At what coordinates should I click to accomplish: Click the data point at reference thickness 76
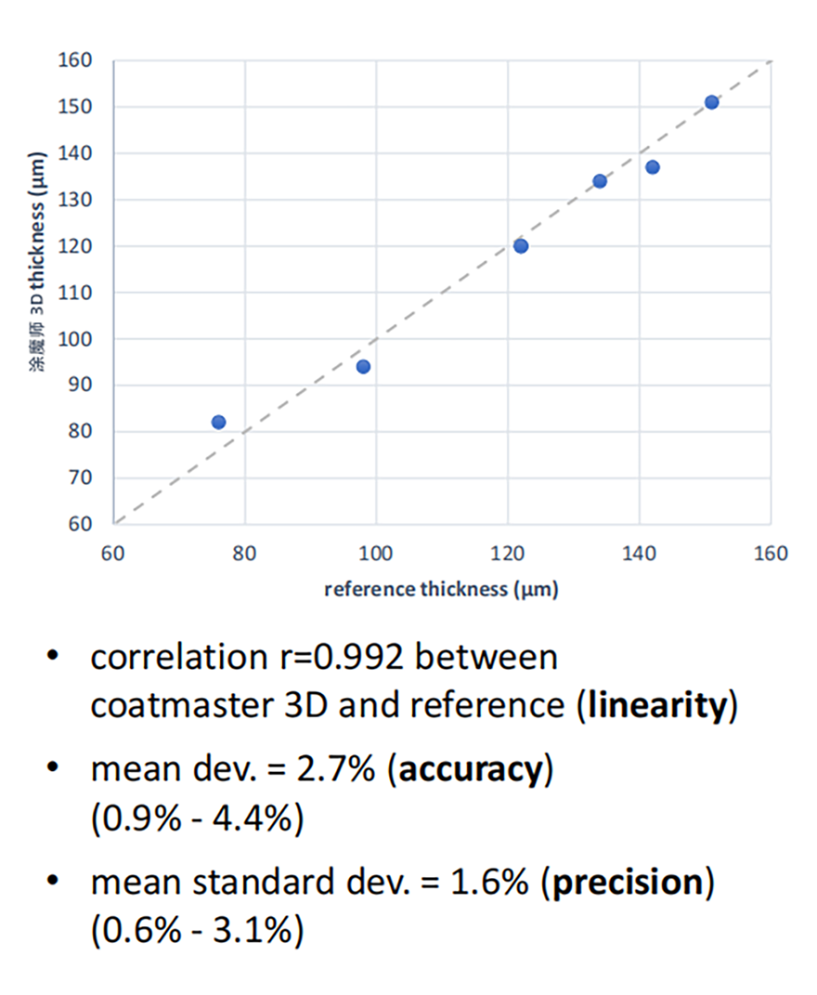coord(218,422)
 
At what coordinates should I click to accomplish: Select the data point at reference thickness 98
coord(363,367)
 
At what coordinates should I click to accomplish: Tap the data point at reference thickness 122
coord(521,246)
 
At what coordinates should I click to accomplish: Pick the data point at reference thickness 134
coord(600,181)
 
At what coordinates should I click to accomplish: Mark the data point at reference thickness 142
coord(653,167)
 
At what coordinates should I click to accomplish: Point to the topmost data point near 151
coord(711,102)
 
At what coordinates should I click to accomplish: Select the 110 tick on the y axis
coord(80,293)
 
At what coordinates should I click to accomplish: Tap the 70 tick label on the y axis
coord(84,478)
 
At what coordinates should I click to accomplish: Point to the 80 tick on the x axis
coord(245,555)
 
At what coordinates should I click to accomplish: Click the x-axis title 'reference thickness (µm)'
coord(441,590)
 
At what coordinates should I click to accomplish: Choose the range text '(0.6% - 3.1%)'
coord(197,930)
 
